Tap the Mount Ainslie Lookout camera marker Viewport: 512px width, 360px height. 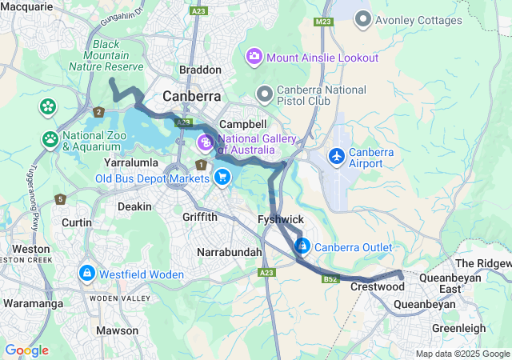[254, 56]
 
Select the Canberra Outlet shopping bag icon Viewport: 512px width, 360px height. [302, 246]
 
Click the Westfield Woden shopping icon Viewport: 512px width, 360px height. [86, 274]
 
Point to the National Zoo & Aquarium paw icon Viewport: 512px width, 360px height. [50, 140]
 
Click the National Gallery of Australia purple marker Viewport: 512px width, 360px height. [206, 143]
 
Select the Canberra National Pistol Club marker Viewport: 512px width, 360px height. [264, 94]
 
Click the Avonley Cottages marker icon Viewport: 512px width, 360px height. [364, 18]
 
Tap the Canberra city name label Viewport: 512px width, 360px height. [191, 96]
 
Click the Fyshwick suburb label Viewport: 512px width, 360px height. [280, 218]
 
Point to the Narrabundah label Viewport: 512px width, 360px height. [229, 252]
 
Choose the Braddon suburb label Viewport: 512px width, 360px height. [200, 70]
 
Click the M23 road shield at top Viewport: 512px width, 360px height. [324, 22]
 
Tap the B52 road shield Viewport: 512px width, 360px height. [330, 279]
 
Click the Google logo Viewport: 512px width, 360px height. [26, 350]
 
